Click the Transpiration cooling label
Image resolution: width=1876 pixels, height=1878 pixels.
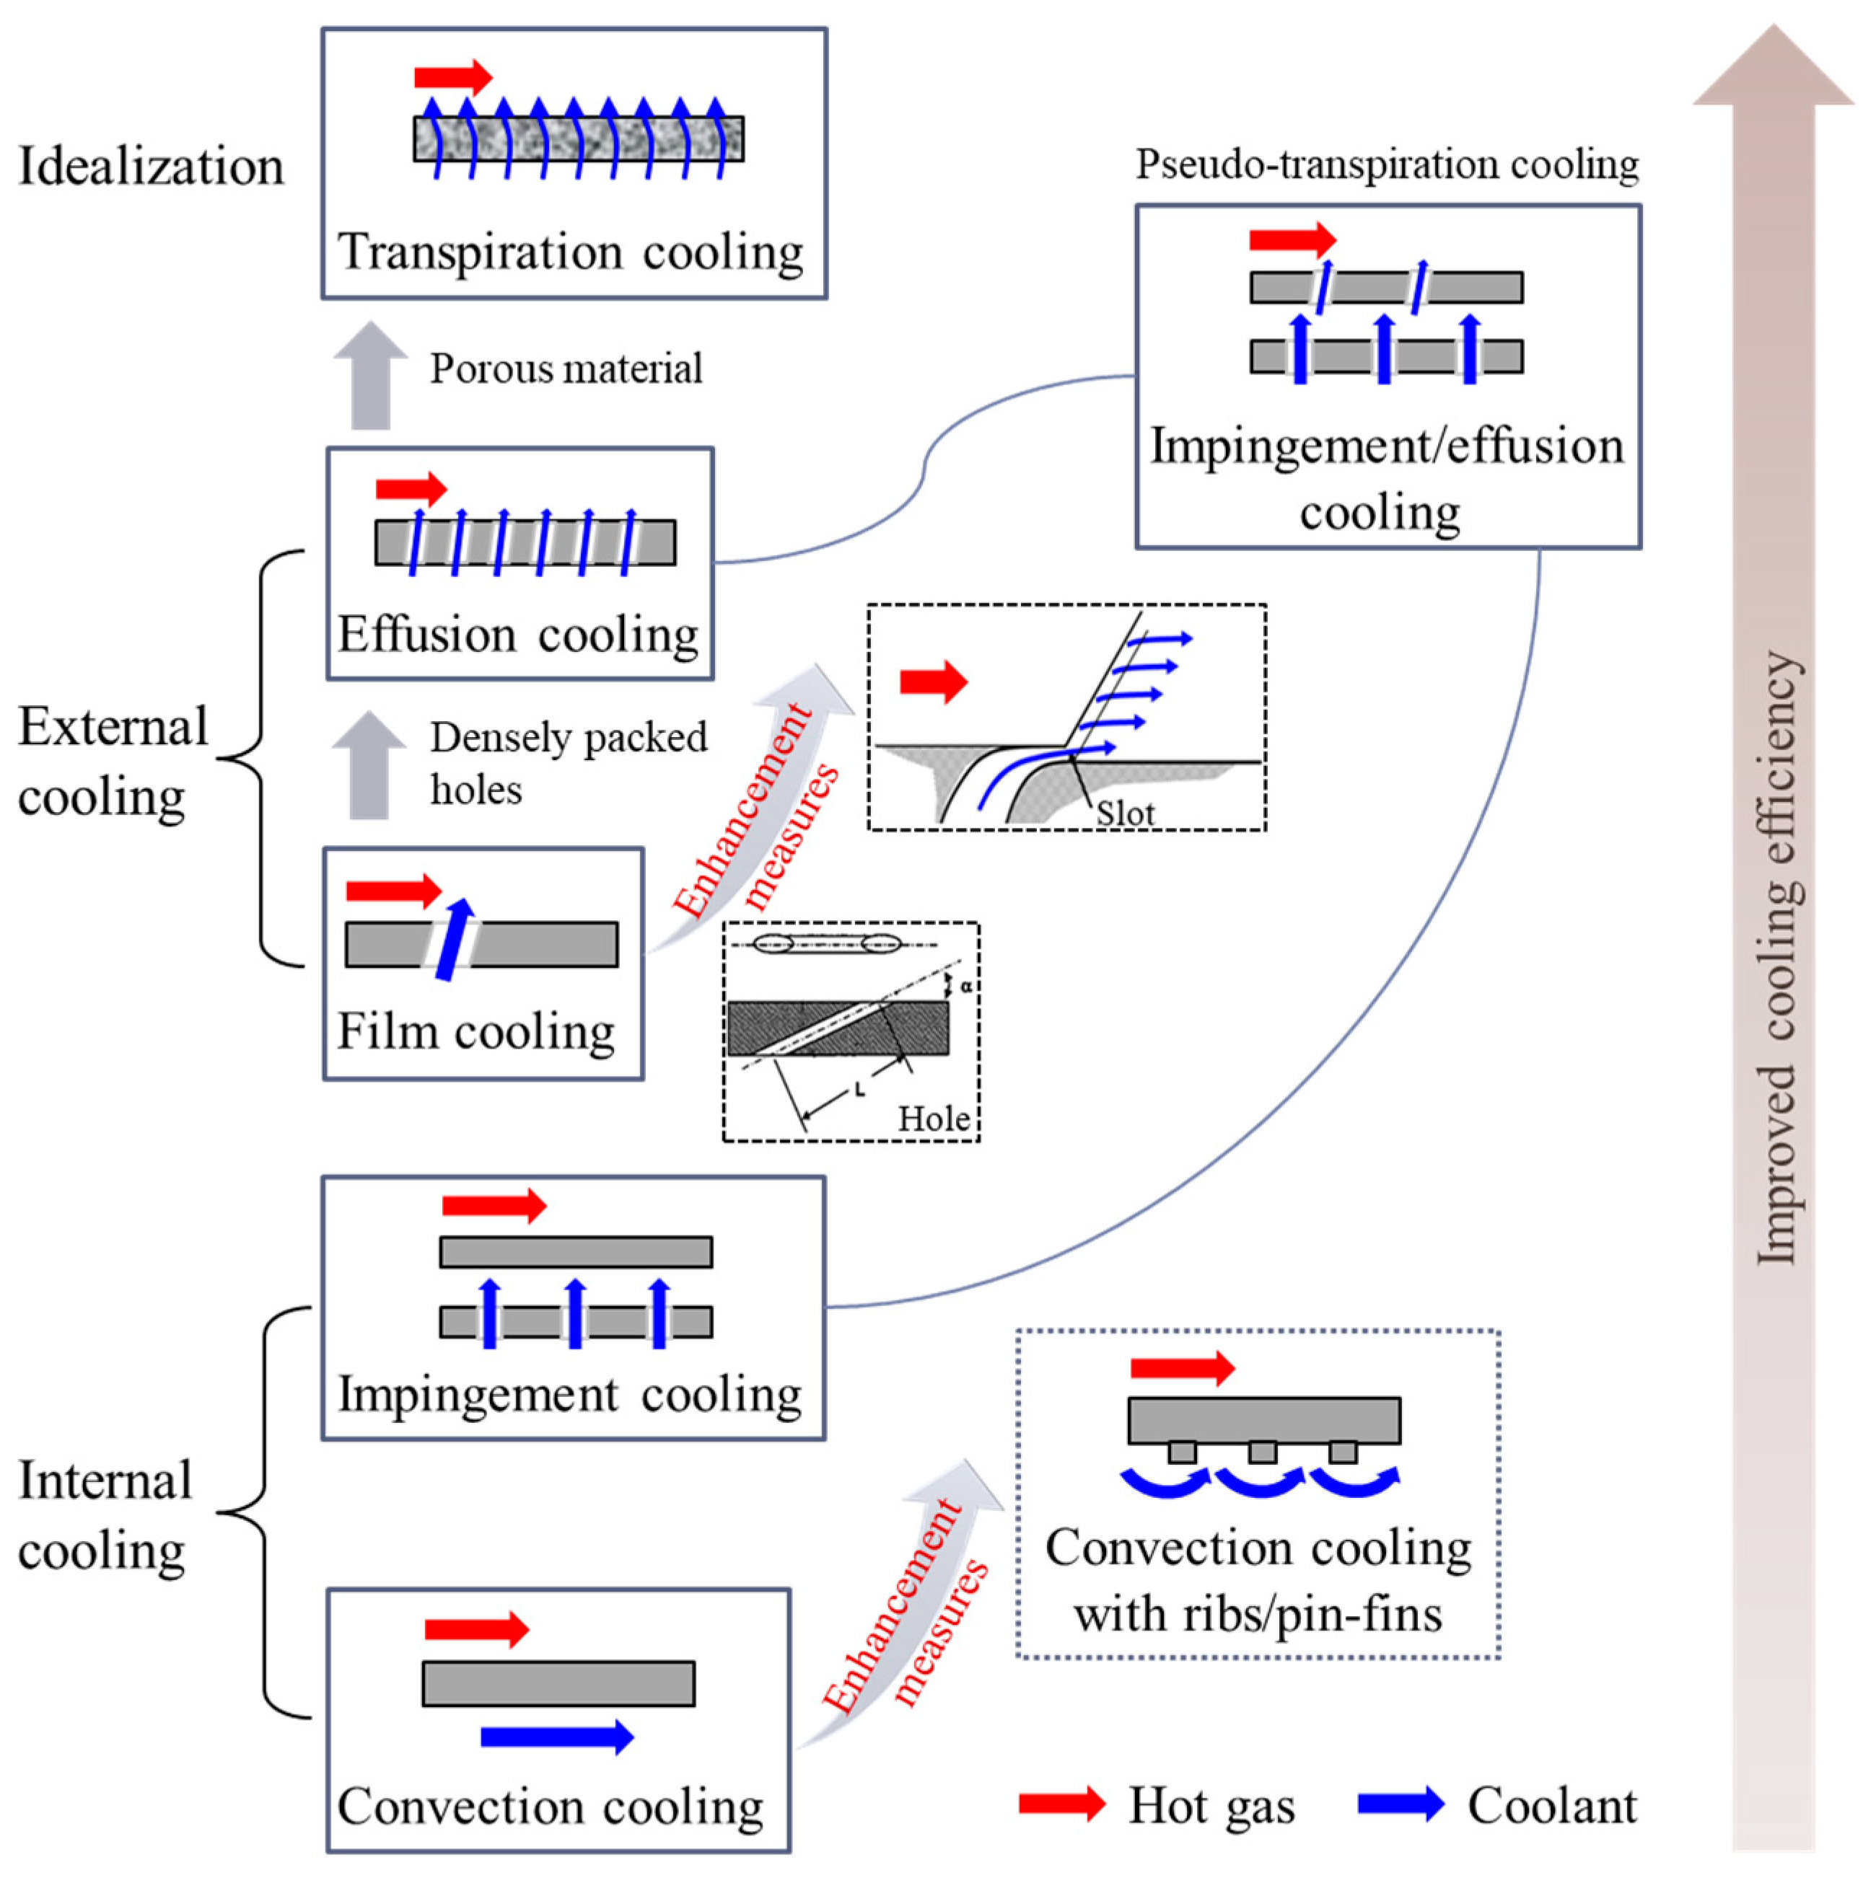(570, 252)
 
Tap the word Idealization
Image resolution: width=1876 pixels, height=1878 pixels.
(151, 166)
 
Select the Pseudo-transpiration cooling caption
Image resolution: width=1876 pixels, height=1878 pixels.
(1387, 164)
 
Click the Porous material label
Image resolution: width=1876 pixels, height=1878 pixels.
(566, 369)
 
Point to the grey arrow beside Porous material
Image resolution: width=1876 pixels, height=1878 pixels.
(369, 377)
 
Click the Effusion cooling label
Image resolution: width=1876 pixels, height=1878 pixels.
(517, 635)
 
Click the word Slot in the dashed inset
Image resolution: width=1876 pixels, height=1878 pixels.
(1125, 813)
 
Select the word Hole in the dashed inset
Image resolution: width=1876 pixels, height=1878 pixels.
(933, 1119)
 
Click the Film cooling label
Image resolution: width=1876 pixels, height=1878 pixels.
(475, 1032)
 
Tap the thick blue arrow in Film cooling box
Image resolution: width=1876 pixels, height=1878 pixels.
(454, 939)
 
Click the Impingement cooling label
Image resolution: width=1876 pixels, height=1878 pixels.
(570, 1395)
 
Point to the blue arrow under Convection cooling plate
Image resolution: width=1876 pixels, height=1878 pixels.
(556, 1736)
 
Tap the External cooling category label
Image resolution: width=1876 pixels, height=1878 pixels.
(112, 762)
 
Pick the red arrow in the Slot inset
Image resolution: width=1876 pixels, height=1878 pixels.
(933, 682)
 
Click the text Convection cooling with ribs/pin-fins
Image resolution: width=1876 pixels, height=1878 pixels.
(1258, 1581)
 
